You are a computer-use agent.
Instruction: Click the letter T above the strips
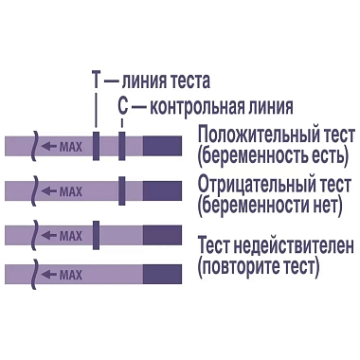(96, 81)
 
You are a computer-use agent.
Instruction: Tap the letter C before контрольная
(123, 107)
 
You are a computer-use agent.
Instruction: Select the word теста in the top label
(187, 81)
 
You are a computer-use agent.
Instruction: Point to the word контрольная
(195, 107)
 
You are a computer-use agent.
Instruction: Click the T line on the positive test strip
(96, 146)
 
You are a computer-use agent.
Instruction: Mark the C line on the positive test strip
(122, 146)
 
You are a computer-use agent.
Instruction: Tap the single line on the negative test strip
(122, 189)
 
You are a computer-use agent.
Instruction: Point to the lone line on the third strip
(96, 232)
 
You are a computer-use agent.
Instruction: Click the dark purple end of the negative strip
(162, 189)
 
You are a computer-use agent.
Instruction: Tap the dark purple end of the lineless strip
(162, 275)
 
